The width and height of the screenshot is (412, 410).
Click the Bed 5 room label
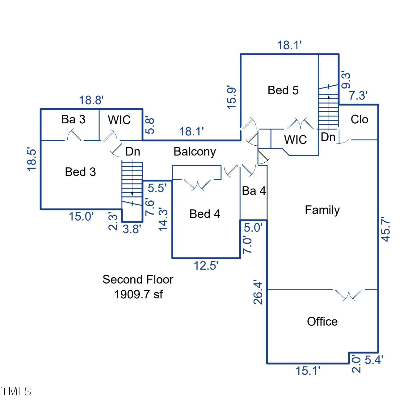[x=283, y=90]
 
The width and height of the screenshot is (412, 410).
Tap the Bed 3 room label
[x=80, y=172]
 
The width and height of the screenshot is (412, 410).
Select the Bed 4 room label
[x=204, y=214]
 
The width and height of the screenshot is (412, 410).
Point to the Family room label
[x=322, y=210]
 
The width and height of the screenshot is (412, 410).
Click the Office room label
[x=322, y=322]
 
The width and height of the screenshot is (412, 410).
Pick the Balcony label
[x=195, y=152]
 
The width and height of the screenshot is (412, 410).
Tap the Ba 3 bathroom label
[x=73, y=119]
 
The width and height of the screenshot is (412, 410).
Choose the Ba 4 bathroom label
[x=254, y=191]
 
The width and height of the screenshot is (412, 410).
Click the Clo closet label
[x=359, y=119]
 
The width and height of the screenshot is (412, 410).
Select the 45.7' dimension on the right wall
[x=386, y=230]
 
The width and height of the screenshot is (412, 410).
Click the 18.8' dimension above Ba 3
[x=91, y=100]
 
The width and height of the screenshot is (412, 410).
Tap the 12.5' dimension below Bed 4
[x=206, y=265]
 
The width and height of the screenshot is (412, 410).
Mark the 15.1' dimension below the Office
[x=308, y=370]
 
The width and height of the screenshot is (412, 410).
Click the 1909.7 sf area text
[x=138, y=294]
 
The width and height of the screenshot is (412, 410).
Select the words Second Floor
[x=138, y=280]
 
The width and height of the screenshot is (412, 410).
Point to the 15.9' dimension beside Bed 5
[x=232, y=97]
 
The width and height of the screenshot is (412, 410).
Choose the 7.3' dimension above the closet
[x=358, y=96]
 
